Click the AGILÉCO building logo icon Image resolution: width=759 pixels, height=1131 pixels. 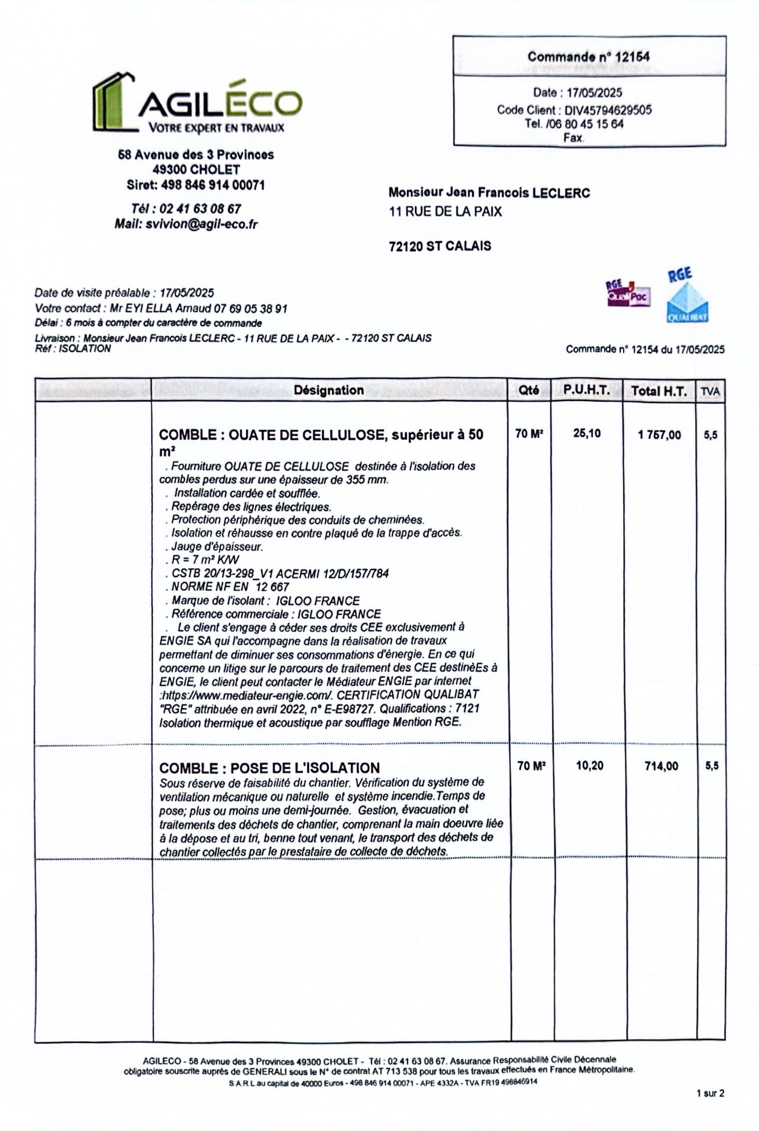click(x=114, y=103)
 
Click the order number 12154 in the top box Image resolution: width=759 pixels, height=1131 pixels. click(x=632, y=57)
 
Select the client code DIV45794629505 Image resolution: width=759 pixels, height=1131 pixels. click(x=608, y=110)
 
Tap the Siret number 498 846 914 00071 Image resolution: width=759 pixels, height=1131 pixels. click(x=213, y=185)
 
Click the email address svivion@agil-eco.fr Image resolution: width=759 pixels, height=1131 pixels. click(x=202, y=224)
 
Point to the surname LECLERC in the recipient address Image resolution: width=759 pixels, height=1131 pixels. click(x=561, y=193)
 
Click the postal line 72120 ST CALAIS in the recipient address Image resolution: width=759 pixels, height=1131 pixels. click(x=439, y=246)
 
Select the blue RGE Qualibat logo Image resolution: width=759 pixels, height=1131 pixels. click(x=687, y=296)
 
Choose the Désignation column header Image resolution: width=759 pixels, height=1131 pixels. click(x=329, y=390)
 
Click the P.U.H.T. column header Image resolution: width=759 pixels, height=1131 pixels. click(x=586, y=390)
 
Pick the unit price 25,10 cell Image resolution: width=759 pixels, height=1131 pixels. click(x=587, y=433)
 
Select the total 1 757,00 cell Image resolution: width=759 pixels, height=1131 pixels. click(x=659, y=435)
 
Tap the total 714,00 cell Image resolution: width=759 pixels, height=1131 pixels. click(x=661, y=766)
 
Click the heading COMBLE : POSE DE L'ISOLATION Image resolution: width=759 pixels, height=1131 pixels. click(x=269, y=768)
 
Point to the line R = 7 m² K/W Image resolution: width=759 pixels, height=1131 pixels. click(x=205, y=560)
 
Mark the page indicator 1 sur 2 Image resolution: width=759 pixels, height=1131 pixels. click(x=710, y=1093)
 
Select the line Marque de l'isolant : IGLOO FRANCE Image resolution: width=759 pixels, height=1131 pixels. click(x=265, y=601)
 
